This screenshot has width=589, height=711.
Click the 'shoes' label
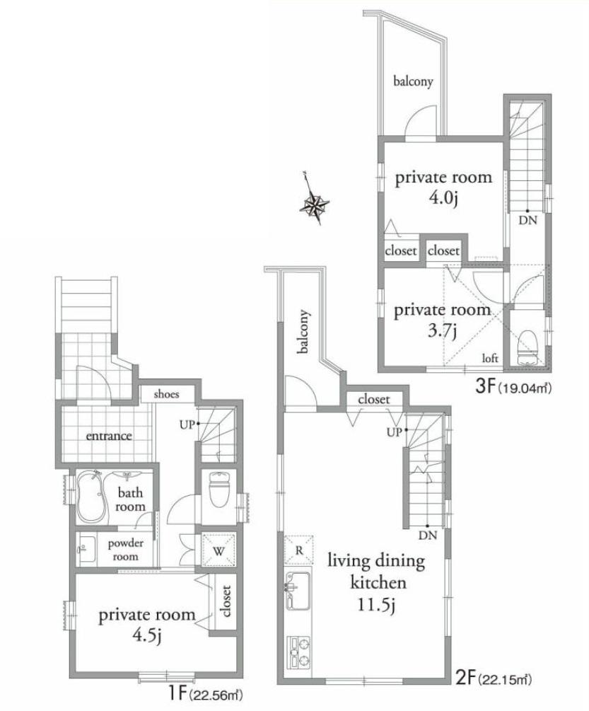click(166, 394)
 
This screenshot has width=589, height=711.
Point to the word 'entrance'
click(109, 436)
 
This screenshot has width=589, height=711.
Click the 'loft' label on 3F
click(490, 359)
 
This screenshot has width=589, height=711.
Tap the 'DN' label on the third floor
click(527, 220)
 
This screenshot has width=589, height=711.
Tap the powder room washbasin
click(86, 549)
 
